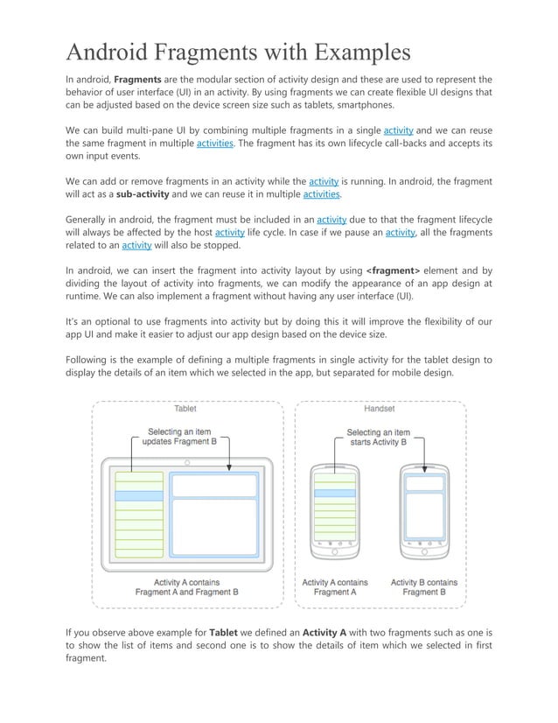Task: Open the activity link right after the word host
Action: click(229, 232)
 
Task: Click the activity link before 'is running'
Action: click(324, 181)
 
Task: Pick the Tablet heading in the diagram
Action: click(185, 408)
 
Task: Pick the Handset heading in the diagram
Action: click(378, 408)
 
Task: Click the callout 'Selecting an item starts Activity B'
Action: click(378, 437)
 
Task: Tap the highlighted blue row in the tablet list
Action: click(134, 495)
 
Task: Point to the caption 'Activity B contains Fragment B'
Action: click(423, 587)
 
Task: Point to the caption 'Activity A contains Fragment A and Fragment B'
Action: click(186, 587)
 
